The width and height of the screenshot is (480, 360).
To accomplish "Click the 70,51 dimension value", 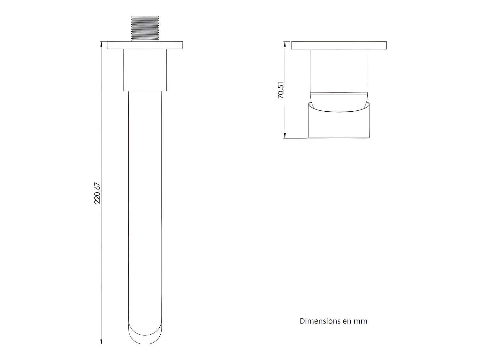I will click(x=281, y=90).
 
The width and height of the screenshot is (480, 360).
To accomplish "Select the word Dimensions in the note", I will click(x=315, y=321).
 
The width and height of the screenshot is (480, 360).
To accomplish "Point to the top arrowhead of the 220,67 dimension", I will click(x=101, y=44).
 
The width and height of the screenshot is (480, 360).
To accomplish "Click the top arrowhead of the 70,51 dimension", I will click(x=285, y=44).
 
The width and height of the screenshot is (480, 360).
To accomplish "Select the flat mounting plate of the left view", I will click(x=145, y=45).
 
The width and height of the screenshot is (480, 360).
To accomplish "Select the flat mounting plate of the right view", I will click(x=339, y=45).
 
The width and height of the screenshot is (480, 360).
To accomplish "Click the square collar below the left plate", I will click(x=145, y=70).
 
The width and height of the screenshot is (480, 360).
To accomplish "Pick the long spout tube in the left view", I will click(x=145, y=205).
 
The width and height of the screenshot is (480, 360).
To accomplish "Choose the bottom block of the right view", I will click(x=339, y=125).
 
